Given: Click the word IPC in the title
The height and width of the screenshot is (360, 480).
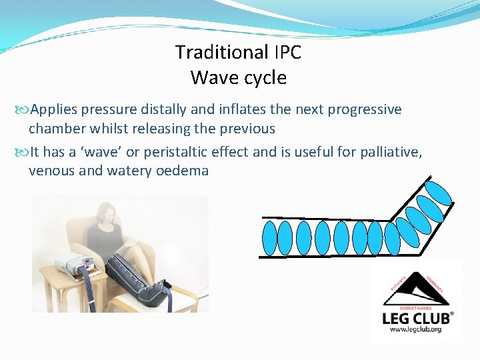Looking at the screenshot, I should pos(286,52).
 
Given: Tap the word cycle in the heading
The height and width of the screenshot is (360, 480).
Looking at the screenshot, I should pos(264,78).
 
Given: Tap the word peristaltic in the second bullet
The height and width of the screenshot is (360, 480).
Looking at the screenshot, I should pos(177,152).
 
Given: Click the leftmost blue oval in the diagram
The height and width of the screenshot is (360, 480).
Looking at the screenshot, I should pos(269,237).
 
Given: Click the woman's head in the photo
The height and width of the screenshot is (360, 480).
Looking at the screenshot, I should pos(107,215).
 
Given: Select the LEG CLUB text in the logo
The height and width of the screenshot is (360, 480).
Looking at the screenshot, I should pos(417,318).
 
